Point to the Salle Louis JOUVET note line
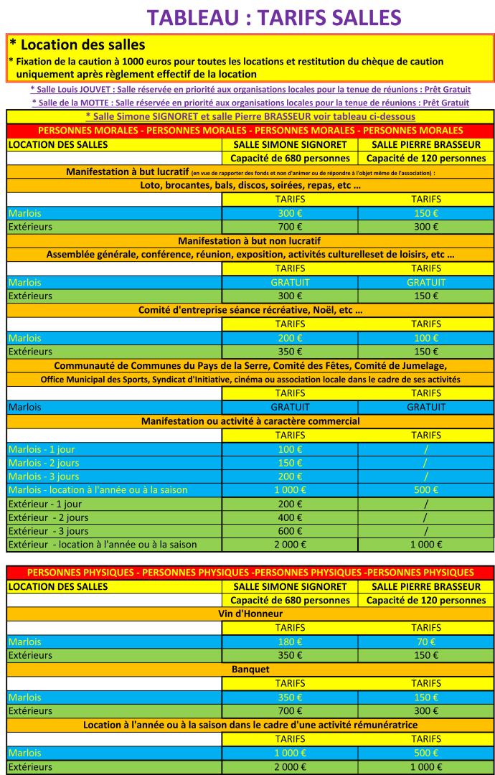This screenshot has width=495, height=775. pyautogui.click(x=250, y=90)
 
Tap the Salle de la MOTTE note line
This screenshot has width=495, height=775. pyautogui.click(x=250, y=103)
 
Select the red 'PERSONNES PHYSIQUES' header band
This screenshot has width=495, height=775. pyautogui.click(x=250, y=572)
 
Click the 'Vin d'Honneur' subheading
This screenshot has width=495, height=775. pyautogui.click(x=250, y=614)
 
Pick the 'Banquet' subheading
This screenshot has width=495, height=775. pyautogui.click(x=250, y=669)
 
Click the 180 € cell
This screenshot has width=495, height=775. pyautogui.click(x=289, y=642)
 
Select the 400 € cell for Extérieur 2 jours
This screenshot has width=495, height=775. pyautogui.click(x=289, y=517)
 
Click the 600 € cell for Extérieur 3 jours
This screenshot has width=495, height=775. pyautogui.click(x=289, y=531)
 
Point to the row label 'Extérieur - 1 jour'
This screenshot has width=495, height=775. pyautogui.click(x=44, y=504)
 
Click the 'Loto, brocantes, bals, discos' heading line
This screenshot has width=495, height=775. pyautogui.click(x=250, y=185)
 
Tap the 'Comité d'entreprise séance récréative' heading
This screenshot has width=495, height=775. pyautogui.click(x=250, y=310)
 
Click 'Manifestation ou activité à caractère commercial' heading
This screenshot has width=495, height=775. pyautogui.click(x=250, y=421)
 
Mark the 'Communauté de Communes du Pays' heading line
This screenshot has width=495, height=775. pyautogui.click(x=250, y=365)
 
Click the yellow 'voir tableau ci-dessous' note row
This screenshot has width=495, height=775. pyautogui.click(x=250, y=116)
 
